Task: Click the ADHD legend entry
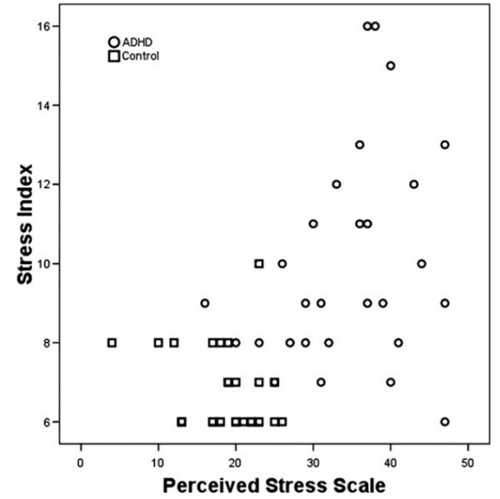[x=134, y=42]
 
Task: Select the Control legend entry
[x=134, y=56]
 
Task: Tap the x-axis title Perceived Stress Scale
[x=274, y=484]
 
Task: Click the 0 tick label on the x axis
[x=81, y=457]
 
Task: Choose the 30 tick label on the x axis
[x=312, y=457]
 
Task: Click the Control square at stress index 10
[x=259, y=263]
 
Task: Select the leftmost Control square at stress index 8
[x=112, y=342]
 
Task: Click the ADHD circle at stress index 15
[x=390, y=66]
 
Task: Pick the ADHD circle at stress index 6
[x=444, y=422]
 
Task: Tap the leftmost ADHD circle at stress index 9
[x=205, y=302]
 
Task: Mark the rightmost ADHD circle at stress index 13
[x=444, y=144]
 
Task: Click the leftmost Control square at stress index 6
[x=182, y=422]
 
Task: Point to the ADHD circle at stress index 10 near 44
[x=421, y=263]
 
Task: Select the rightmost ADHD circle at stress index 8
[x=398, y=342]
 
